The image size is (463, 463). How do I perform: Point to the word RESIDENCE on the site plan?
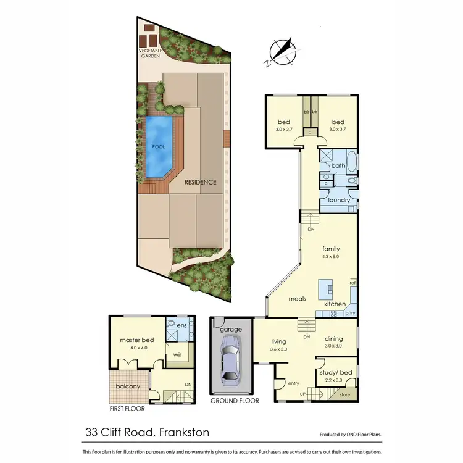[201, 183]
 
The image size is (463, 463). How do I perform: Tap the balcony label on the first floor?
[128, 387]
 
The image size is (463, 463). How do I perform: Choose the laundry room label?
[339, 201]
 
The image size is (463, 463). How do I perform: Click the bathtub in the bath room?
[351, 163]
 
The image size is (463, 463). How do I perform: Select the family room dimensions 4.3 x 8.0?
[331, 256]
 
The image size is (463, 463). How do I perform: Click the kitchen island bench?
[325, 289]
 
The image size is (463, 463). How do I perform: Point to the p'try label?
[351, 314]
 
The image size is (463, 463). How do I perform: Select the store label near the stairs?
[344, 394]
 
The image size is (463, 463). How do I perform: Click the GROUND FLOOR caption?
[235, 401]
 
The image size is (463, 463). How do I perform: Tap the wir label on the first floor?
[177, 355]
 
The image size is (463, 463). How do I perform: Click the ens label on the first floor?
[182, 325]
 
